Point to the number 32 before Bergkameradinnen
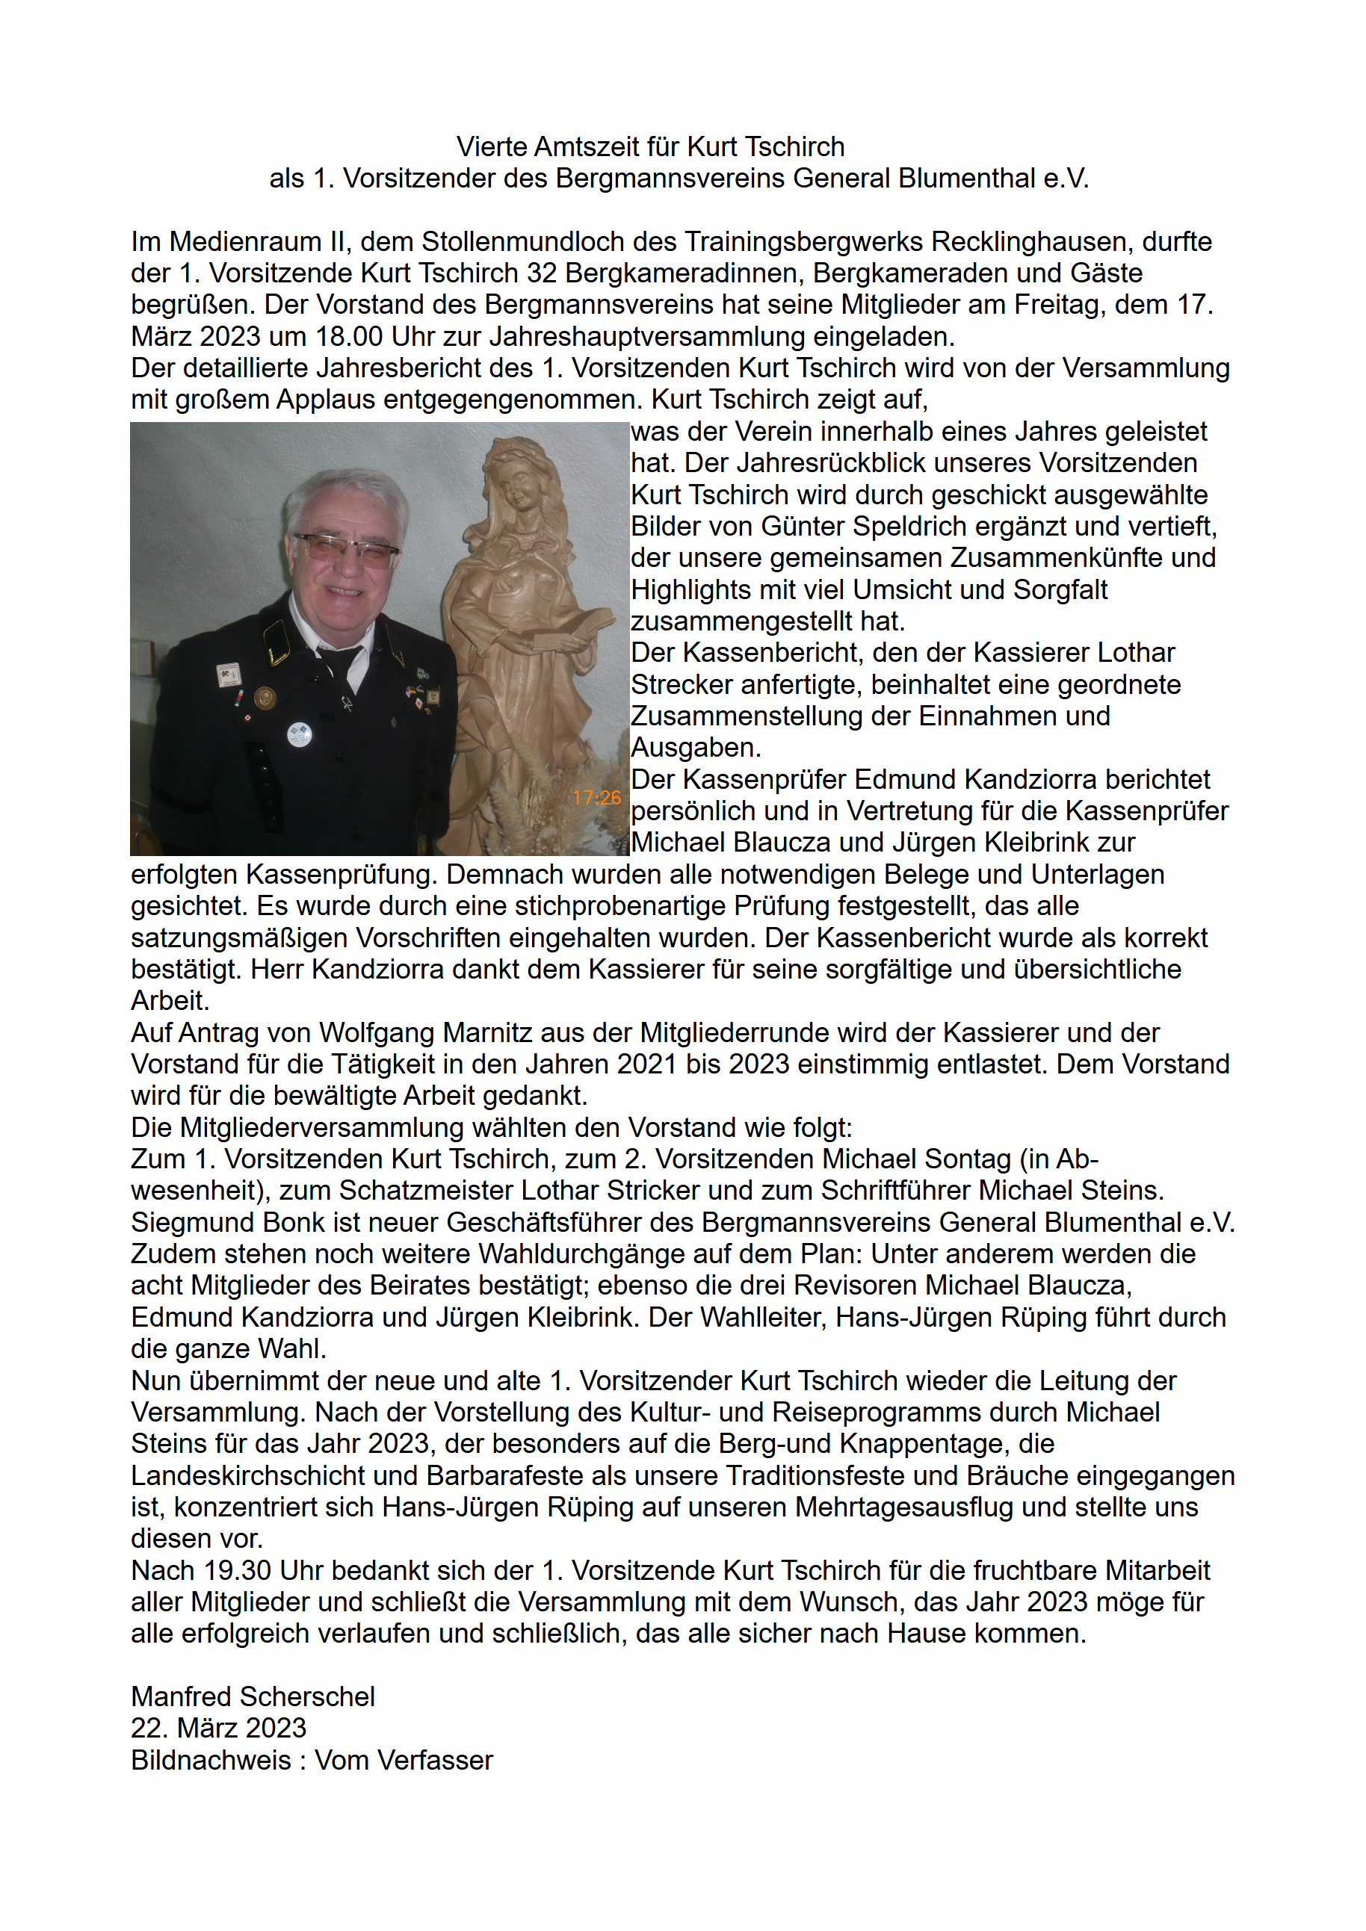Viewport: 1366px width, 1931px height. tap(543, 273)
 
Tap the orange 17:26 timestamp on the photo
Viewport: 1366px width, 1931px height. tap(596, 797)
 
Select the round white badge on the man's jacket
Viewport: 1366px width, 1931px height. tap(299, 734)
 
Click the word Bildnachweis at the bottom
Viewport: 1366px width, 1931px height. tap(210, 1759)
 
